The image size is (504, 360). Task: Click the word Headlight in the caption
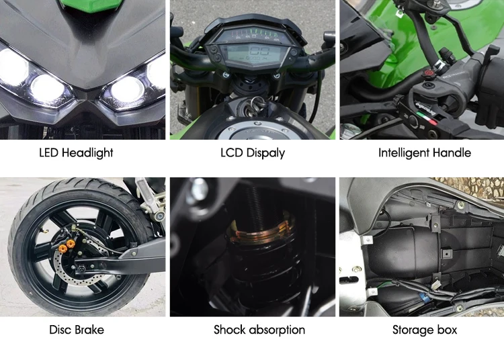87,152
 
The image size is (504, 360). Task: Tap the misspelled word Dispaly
264,153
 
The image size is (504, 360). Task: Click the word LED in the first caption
48,152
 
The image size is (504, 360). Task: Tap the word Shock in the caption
229,330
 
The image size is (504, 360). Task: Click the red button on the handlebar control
425,90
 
